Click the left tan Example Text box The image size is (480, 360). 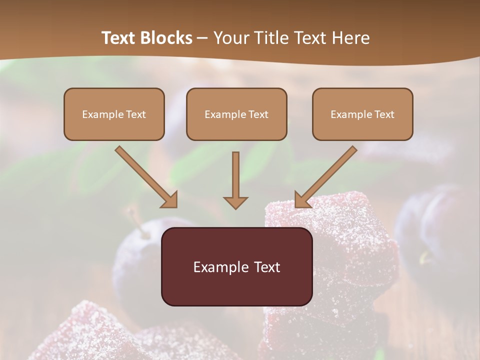click(x=114, y=114)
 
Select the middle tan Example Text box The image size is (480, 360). click(x=236, y=114)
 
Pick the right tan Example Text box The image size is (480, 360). click(x=362, y=114)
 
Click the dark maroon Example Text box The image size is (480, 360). click(x=236, y=266)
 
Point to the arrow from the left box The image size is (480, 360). click(x=145, y=175)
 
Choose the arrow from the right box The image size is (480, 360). click(x=326, y=175)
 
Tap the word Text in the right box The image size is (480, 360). click(x=384, y=114)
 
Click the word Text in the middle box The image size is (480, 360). click(x=258, y=114)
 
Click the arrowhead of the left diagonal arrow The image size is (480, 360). click(x=169, y=199)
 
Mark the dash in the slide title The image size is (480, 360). click(x=202, y=38)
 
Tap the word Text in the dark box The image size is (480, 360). click(x=267, y=267)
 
